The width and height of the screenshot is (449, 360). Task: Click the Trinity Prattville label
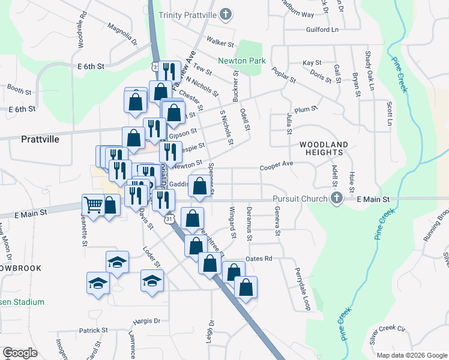(x=187, y=14)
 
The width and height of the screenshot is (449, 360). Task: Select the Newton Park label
(x=241, y=61)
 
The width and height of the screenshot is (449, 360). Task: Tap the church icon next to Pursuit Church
(x=337, y=198)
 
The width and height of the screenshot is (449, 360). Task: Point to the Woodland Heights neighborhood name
(x=324, y=149)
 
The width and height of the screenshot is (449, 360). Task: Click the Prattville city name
(x=40, y=139)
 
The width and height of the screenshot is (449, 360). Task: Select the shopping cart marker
(x=93, y=205)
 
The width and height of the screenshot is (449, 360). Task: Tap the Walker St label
(x=220, y=43)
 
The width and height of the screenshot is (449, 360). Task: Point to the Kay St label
(x=312, y=62)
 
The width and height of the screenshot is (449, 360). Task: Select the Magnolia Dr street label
(x=122, y=35)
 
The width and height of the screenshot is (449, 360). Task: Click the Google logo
(x=20, y=353)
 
